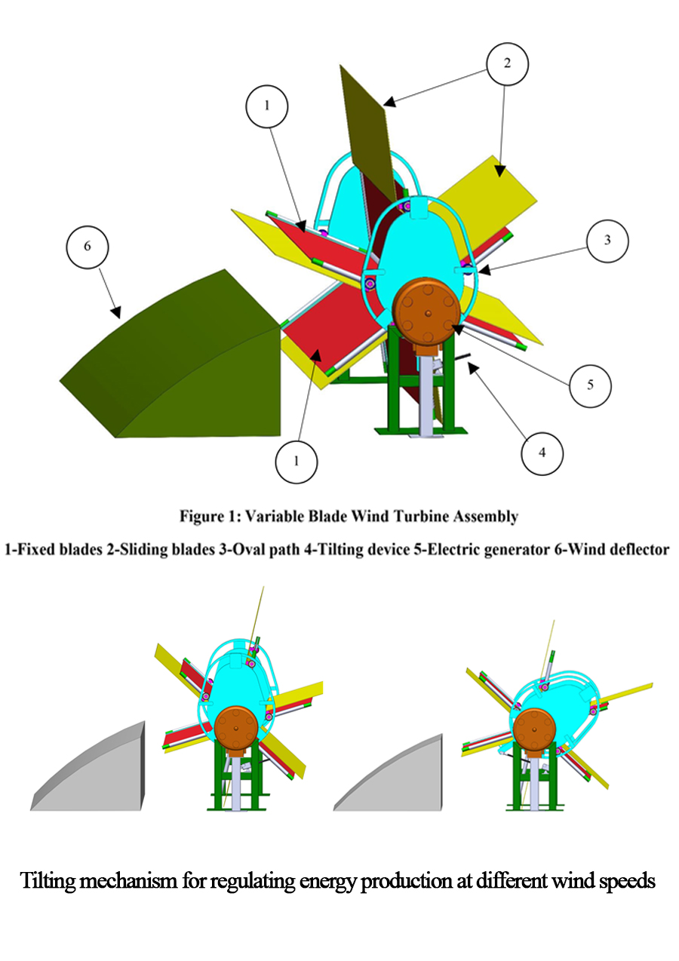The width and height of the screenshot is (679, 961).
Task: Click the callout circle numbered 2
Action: [x=507, y=64]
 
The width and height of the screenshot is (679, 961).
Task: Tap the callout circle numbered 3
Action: [x=607, y=241]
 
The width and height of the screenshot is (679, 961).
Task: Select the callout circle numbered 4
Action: [x=542, y=453]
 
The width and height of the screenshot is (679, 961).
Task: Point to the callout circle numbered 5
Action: [x=590, y=385]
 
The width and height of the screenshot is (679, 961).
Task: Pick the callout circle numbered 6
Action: [x=87, y=247]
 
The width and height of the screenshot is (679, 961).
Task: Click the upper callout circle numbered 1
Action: [x=266, y=106]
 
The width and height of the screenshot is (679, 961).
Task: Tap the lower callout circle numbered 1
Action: [x=296, y=462]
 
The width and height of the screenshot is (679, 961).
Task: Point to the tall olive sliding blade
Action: [x=369, y=137]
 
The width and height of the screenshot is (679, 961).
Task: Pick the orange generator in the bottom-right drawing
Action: [x=534, y=729]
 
